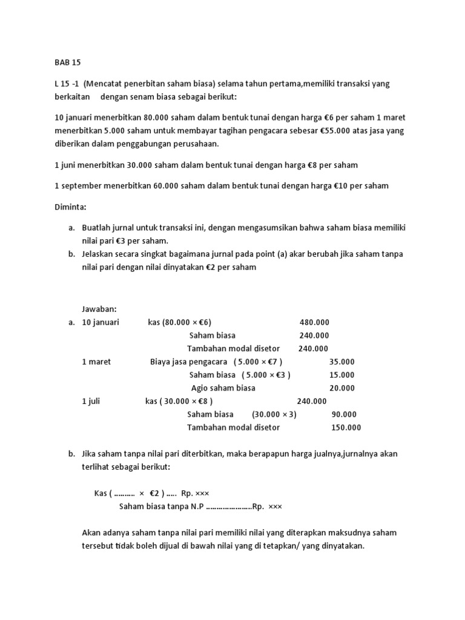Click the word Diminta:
click(71, 206)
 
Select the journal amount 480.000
click(314, 322)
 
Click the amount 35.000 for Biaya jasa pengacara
click(341, 361)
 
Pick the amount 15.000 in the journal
click(341, 375)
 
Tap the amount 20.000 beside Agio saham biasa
click(341, 388)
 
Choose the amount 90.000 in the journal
click(344, 414)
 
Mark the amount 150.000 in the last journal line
click(346, 427)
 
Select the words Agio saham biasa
click(223, 388)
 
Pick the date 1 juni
click(70, 165)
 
